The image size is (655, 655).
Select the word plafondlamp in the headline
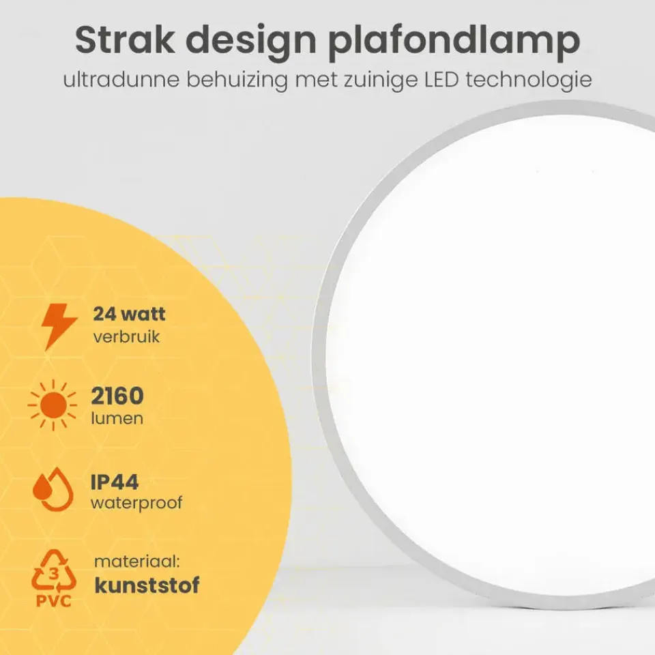point(456,42)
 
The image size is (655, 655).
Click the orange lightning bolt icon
point(59,326)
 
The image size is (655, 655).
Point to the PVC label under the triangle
point(53,601)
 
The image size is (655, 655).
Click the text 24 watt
point(129,315)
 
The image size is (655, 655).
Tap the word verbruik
point(126,337)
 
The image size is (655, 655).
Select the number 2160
point(117,396)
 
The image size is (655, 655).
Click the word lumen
point(117,418)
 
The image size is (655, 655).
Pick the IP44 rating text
point(115,482)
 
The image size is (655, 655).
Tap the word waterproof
point(136,504)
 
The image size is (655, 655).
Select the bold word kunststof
point(147,585)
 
